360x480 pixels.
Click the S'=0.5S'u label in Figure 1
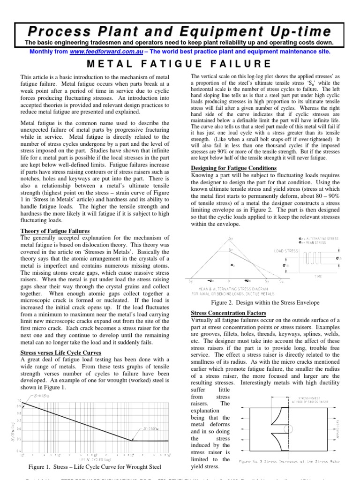[152, 428]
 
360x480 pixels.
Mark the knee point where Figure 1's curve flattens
[133, 441]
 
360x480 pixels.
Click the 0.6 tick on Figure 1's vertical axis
[19, 428]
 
